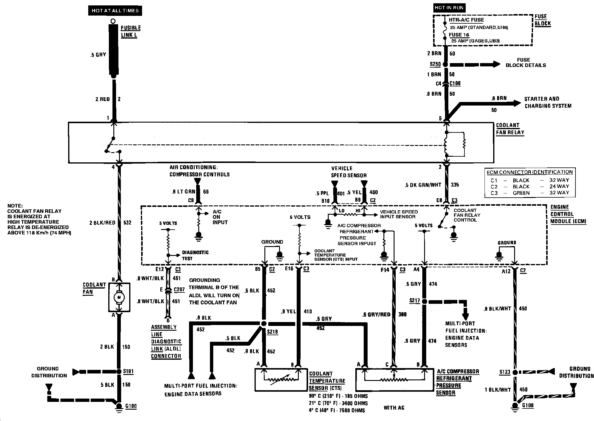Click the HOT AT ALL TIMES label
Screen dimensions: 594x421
pyautogui.click(x=115, y=11)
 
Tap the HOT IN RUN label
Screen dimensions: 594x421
pyautogui.click(x=449, y=8)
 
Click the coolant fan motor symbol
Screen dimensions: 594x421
pyautogui.click(x=119, y=297)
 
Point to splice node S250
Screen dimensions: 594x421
pyautogui.click(x=446, y=64)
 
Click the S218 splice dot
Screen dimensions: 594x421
pyautogui.click(x=264, y=324)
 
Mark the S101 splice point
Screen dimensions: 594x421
pyautogui.click(x=119, y=371)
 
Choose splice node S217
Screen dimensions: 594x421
pyautogui.click(x=424, y=301)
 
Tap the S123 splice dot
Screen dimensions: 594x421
pyautogui.click(x=515, y=372)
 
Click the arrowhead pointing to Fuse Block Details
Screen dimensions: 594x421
pyautogui.click(x=496, y=64)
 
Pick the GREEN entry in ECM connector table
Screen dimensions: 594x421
pyautogui.click(x=521, y=193)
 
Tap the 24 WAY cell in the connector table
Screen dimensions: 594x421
pyautogui.click(x=559, y=186)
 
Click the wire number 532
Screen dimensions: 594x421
pyautogui.click(x=127, y=223)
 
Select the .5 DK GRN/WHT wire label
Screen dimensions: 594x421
pyautogui.click(x=423, y=185)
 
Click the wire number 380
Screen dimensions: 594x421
pyautogui.click(x=403, y=315)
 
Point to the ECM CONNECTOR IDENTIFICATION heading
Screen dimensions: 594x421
pyautogui.click(x=530, y=172)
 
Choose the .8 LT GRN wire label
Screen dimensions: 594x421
pyautogui.click(x=183, y=192)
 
